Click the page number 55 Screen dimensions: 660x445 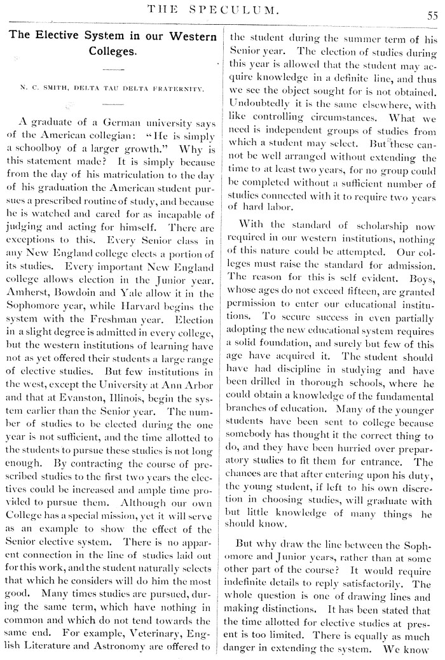(432, 16)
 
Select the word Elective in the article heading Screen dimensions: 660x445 (62, 35)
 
